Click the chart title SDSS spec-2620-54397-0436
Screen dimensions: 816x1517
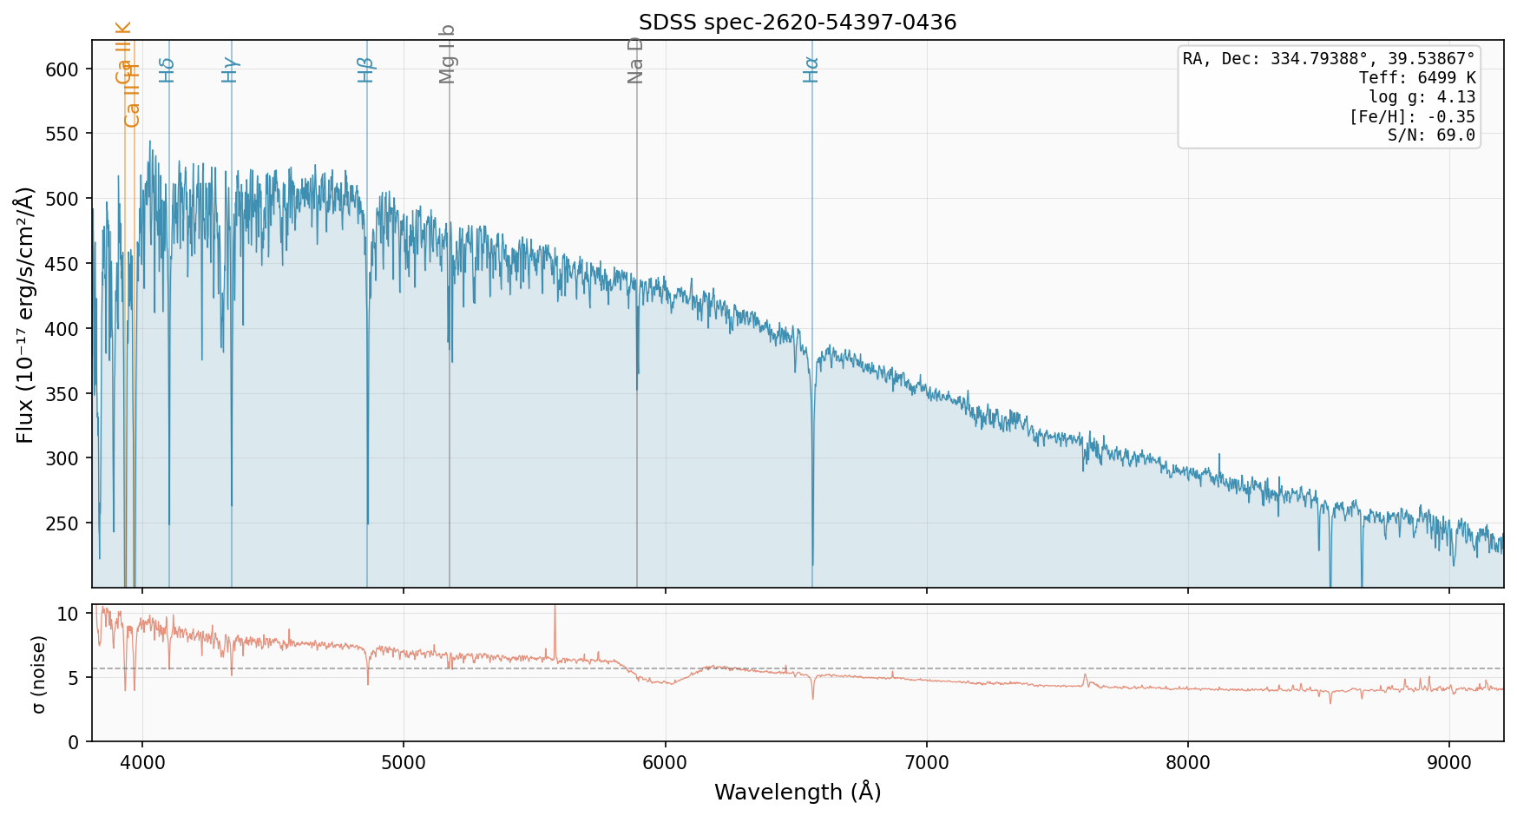tap(797, 23)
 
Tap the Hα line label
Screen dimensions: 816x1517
tap(811, 69)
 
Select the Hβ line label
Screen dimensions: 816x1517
tap(366, 69)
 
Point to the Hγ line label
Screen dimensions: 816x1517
tap(230, 69)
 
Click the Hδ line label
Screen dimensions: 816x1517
tap(167, 69)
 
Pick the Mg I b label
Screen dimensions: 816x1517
tap(448, 55)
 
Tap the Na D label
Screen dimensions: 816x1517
tap(635, 60)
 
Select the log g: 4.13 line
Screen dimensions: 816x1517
tap(1422, 97)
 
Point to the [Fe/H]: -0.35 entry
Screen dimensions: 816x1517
tap(1411, 116)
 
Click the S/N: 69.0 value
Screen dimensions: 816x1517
tap(1432, 135)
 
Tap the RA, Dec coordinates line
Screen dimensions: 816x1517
tap(1329, 59)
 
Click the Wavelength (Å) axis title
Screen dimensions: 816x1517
tap(797, 792)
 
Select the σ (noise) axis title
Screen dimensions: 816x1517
tap(38, 674)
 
